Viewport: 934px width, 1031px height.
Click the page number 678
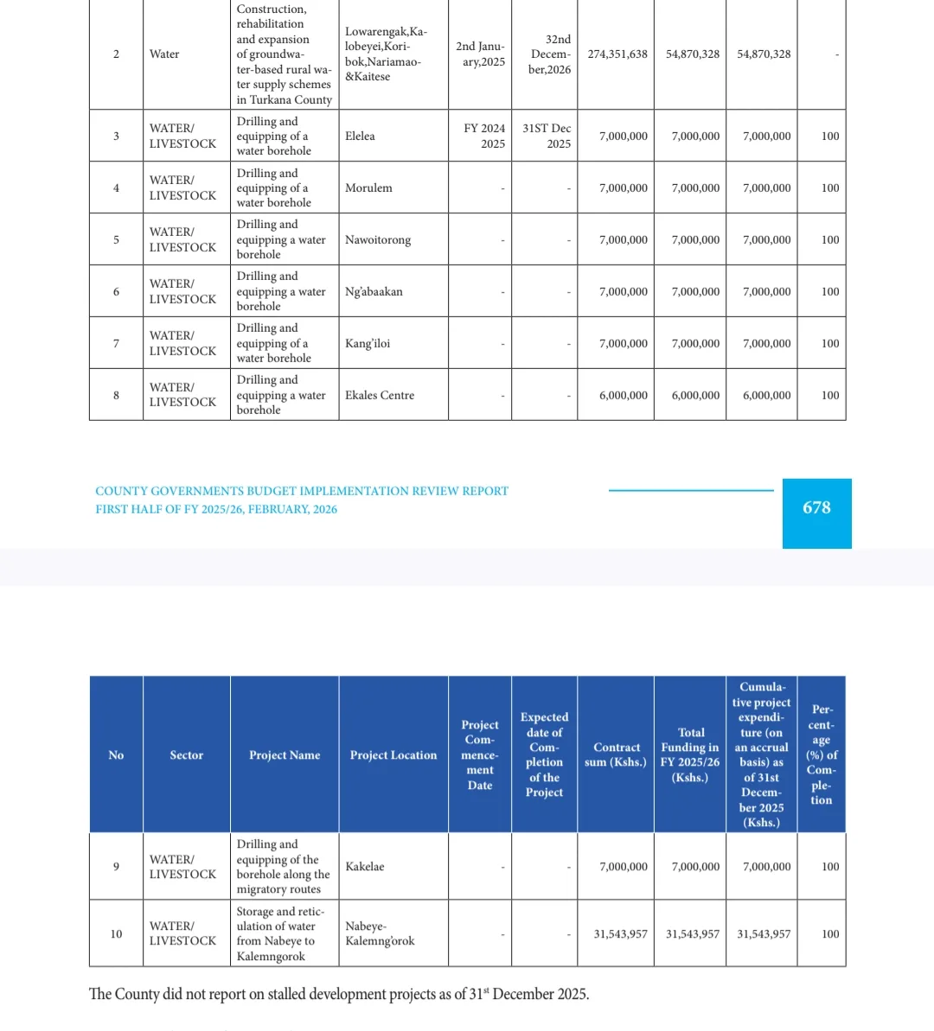(816, 508)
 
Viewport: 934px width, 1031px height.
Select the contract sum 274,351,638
(617, 54)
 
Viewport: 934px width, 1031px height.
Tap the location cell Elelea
(360, 137)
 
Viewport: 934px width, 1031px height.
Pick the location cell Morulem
(368, 188)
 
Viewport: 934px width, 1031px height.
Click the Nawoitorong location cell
(378, 240)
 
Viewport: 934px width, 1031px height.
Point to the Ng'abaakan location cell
(374, 292)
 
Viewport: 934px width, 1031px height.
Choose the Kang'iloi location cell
(368, 344)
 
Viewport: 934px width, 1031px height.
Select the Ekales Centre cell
(380, 396)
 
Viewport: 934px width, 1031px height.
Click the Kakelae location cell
(365, 867)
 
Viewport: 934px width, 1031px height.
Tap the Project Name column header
(285, 755)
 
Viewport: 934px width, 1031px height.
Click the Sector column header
(186, 755)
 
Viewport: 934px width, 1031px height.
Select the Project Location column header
(393, 755)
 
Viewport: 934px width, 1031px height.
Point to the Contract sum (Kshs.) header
(616, 754)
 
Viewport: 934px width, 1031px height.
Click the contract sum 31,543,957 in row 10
(620, 934)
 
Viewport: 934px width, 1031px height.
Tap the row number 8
(116, 396)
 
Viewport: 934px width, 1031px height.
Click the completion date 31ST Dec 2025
(547, 136)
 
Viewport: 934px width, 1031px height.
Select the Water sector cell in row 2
(164, 54)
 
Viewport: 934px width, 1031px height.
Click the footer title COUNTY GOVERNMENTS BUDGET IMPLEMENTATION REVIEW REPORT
(302, 491)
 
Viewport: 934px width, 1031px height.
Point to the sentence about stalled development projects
(339, 995)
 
